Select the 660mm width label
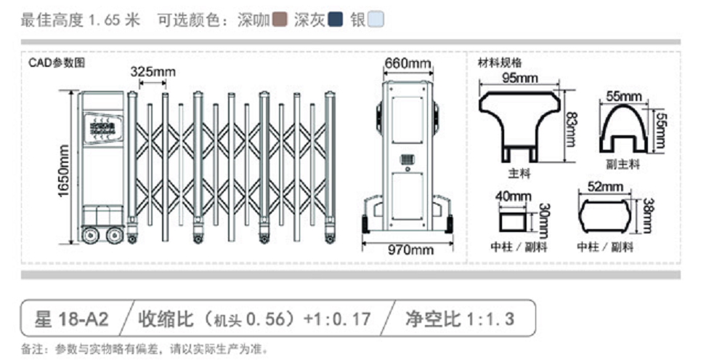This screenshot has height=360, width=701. pyautogui.click(x=408, y=63)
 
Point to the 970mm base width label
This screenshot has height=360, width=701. pyautogui.click(x=409, y=249)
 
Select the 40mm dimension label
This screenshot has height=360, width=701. pyautogui.click(x=514, y=196)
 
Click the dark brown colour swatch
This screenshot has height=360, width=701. pyautogui.click(x=280, y=20)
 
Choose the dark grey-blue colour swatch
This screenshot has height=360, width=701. pyautogui.click(x=336, y=20)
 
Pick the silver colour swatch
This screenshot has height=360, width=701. pyautogui.click(x=375, y=20)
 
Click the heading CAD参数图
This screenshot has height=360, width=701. pyautogui.click(x=57, y=63)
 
